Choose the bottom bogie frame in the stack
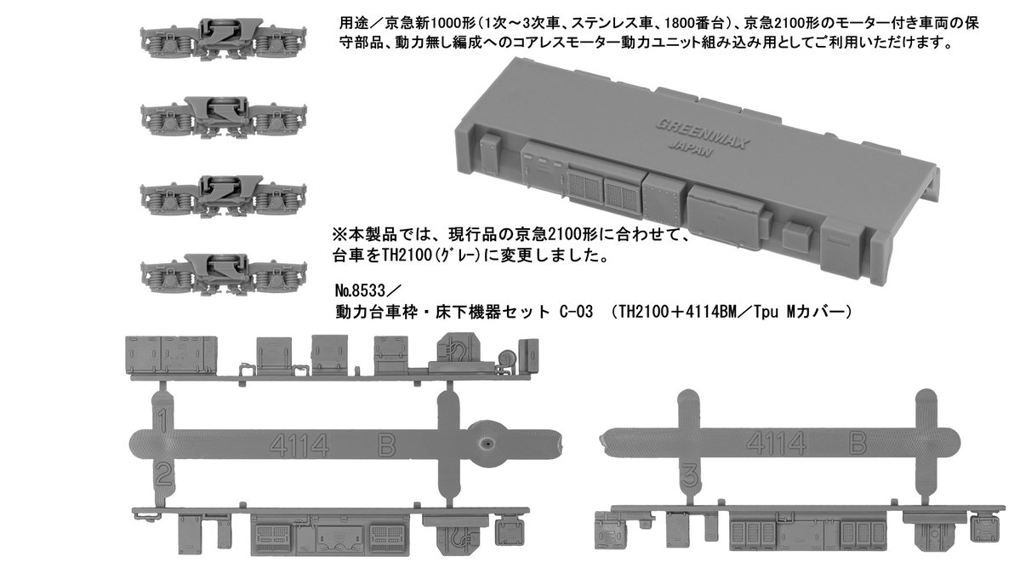pyautogui.click(x=223, y=273)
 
